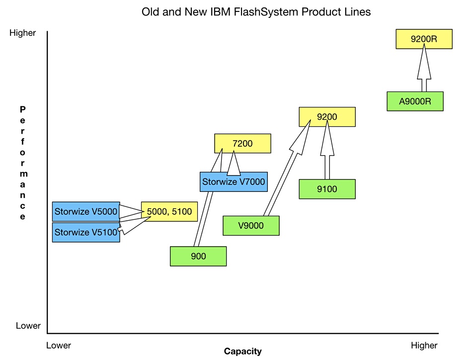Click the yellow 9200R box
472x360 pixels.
click(424, 39)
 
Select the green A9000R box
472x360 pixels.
click(415, 101)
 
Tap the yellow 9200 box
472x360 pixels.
click(327, 116)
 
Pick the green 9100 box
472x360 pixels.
click(327, 189)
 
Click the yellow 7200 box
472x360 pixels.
click(242, 143)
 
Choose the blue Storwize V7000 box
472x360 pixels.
click(234, 181)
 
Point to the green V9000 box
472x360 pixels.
click(251, 225)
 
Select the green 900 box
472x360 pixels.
click(198, 256)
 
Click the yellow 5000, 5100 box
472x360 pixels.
click(169, 211)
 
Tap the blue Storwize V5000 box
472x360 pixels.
click(86, 211)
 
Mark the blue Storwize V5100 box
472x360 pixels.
click(86, 232)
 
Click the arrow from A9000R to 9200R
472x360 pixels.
click(424, 68)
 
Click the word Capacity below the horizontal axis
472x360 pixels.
click(242, 351)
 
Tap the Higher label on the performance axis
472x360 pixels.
click(22, 33)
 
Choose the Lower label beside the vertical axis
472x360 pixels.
click(28, 326)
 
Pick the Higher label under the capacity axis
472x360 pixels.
click(424, 345)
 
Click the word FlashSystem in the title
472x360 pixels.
click(266, 12)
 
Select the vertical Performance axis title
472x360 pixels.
click(22, 163)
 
